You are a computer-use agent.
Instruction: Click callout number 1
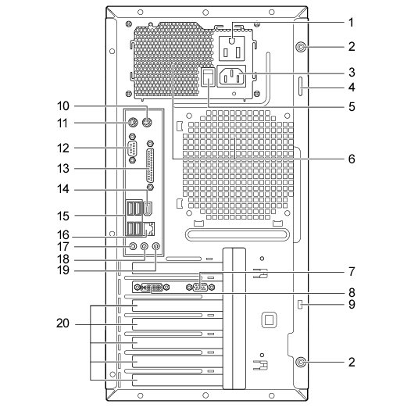[x=351, y=23]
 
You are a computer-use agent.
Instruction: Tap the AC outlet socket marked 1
[x=232, y=48]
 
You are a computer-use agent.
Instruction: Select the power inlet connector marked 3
[x=231, y=77]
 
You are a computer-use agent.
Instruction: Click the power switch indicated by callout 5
[x=208, y=77]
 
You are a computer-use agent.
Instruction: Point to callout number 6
[x=352, y=159]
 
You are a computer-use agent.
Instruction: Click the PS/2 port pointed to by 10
[x=147, y=123]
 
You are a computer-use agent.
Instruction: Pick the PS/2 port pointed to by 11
[x=133, y=123]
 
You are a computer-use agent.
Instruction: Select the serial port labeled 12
[x=132, y=148]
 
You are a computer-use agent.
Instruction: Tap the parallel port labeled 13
[x=150, y=165]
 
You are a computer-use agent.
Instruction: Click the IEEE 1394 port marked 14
[x=148, y=209]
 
